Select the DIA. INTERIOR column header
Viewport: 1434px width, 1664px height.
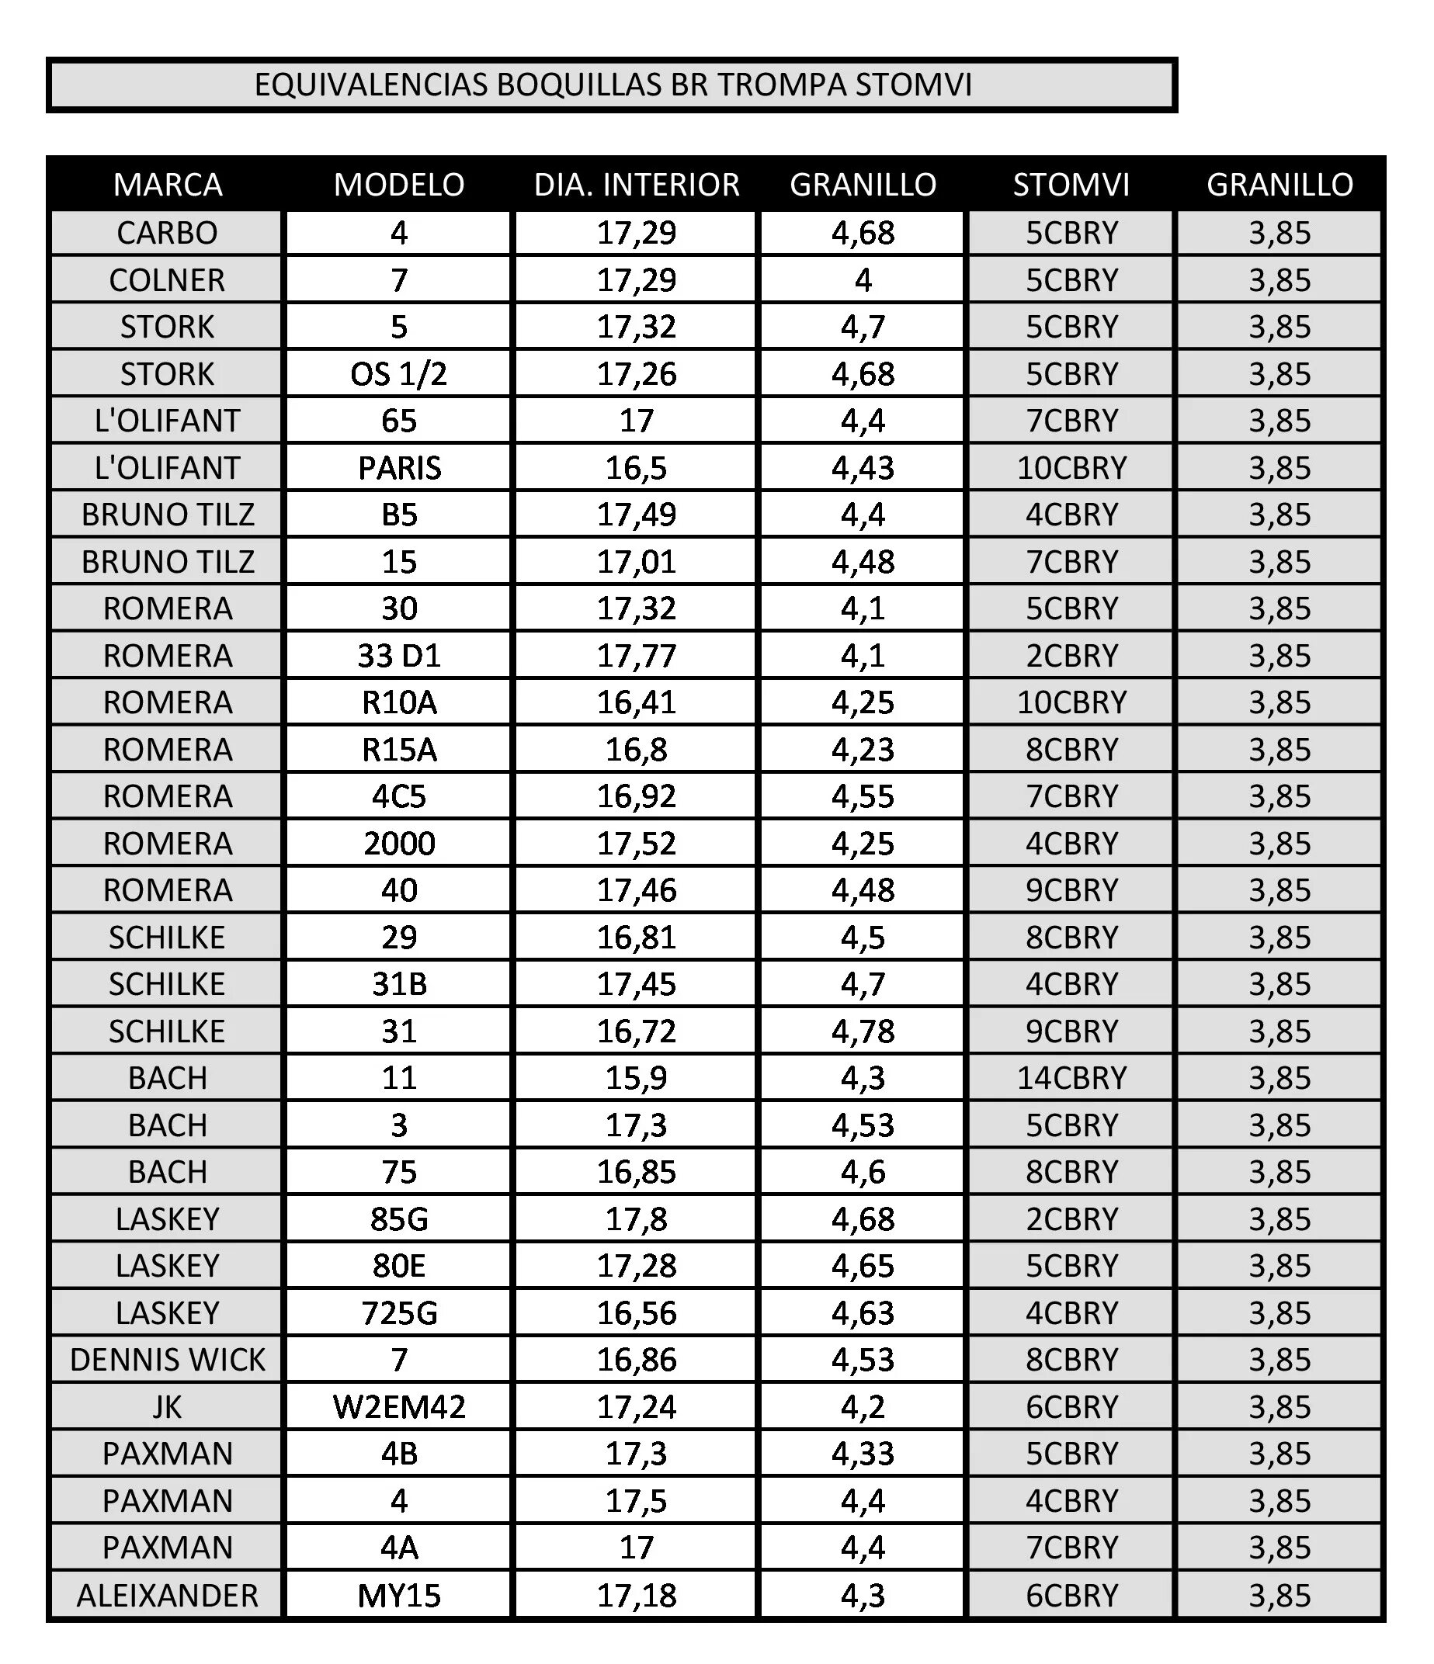point(637,185)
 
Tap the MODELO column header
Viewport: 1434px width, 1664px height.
point(398,185)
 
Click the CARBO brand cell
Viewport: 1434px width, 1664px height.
point(167,233)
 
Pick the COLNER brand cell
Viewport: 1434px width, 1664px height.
point(167,280)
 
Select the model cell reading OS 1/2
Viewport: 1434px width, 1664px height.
point(398,374)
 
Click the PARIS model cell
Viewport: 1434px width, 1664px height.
point(398,468)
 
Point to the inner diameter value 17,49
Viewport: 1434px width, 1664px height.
point(637,515)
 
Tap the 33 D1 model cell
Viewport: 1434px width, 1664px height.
point(398,656)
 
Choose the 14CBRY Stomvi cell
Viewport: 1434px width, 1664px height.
point(1071,1079)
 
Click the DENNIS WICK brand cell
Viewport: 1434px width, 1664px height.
point(167,1361)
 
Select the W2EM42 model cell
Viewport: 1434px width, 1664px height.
point(398,1407)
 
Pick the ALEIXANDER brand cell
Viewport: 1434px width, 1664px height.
point(167,1596)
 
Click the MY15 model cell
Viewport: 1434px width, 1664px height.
point(398,1596)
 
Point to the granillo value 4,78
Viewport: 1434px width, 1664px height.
point(863,1031)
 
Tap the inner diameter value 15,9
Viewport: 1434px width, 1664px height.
point(637,1079)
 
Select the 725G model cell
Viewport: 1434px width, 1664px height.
point(398,1313)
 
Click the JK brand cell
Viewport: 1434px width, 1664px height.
point(167,1407)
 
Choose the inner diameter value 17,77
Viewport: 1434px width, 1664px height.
point(637,656)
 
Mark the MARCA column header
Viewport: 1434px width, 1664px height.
point(167,185)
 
